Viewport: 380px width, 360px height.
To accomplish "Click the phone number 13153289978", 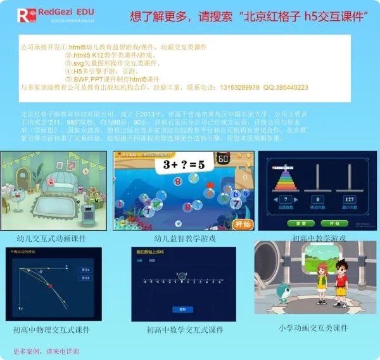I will [x=241, y=87].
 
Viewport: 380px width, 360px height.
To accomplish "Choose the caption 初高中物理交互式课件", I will [x=51, y=330].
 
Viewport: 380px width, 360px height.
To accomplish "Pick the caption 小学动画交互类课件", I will [x=313, y=328].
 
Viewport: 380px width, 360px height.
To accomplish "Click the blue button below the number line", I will [x=183, y=309].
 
